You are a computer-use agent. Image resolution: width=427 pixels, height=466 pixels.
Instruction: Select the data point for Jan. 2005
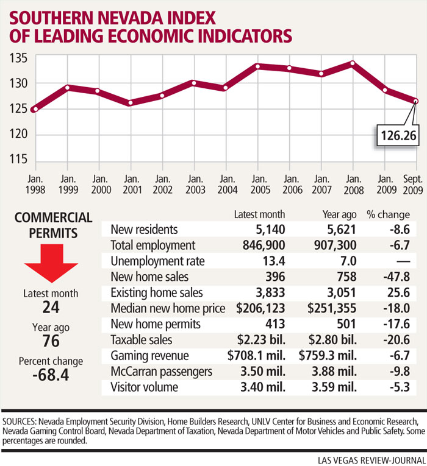[259, 66]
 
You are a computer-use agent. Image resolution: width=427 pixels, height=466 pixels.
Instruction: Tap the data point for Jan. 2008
[353, 63]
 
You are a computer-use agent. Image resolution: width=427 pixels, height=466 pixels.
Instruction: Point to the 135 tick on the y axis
[19, 58]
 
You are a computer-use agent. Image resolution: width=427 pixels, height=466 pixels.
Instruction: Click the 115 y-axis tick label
[19, 160]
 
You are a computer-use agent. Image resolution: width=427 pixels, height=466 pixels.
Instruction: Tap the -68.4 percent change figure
[52, 375]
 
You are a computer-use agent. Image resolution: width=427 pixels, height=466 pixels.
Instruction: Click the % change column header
[388, 214]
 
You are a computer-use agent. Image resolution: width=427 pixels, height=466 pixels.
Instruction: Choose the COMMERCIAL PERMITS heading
[52, 225]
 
